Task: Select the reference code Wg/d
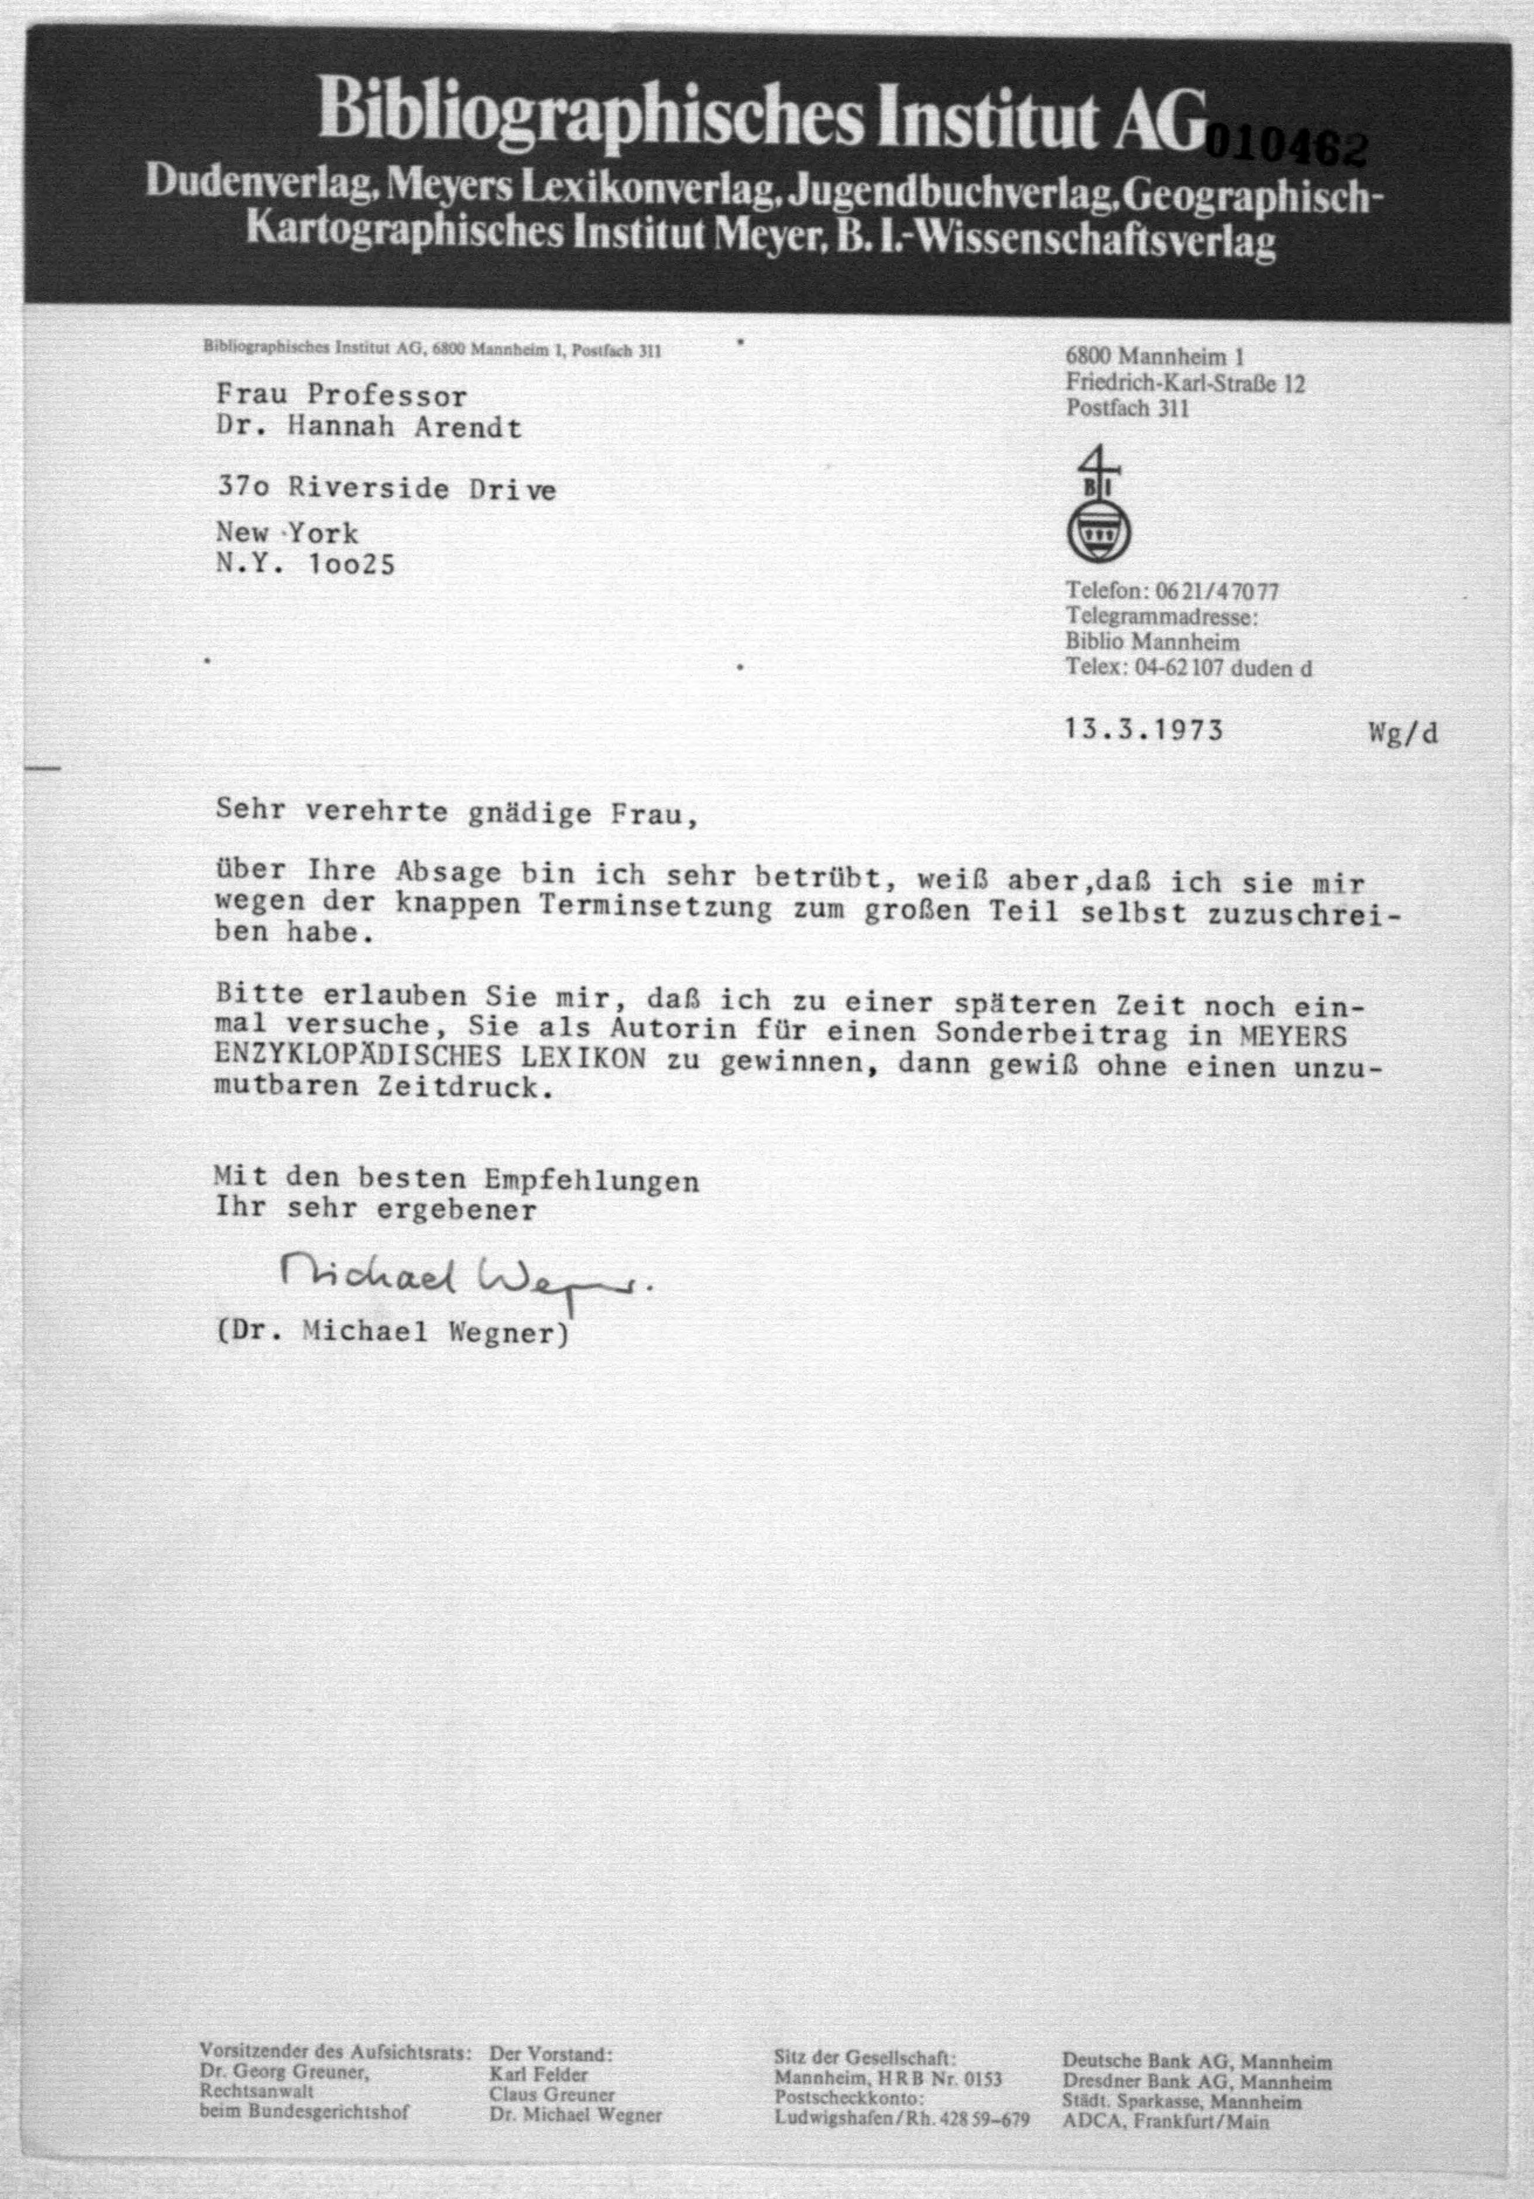click(x=1403, y=733)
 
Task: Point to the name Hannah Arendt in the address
click(x=405, y=427)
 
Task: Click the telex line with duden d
click(x=1188, y=668)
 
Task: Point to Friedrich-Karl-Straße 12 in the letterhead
click(x=1185, y=384)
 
